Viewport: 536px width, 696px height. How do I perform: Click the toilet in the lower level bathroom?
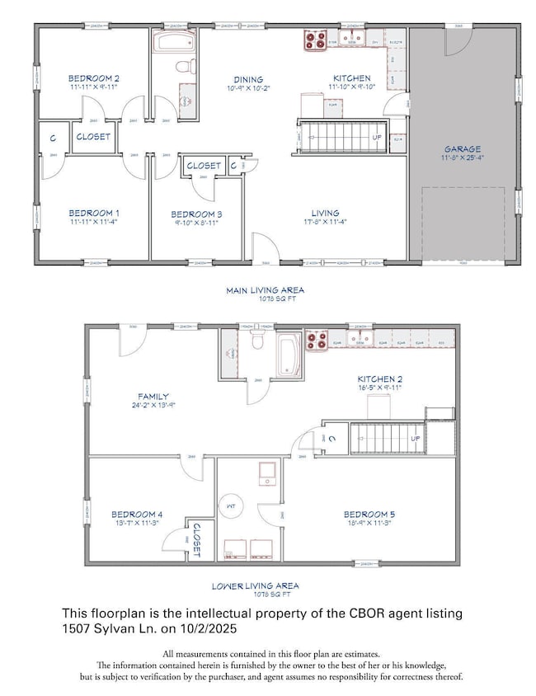point(256,338)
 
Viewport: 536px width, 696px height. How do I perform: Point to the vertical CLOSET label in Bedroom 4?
point(196,541)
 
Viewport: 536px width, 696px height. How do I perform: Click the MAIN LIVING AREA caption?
point(266,290)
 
